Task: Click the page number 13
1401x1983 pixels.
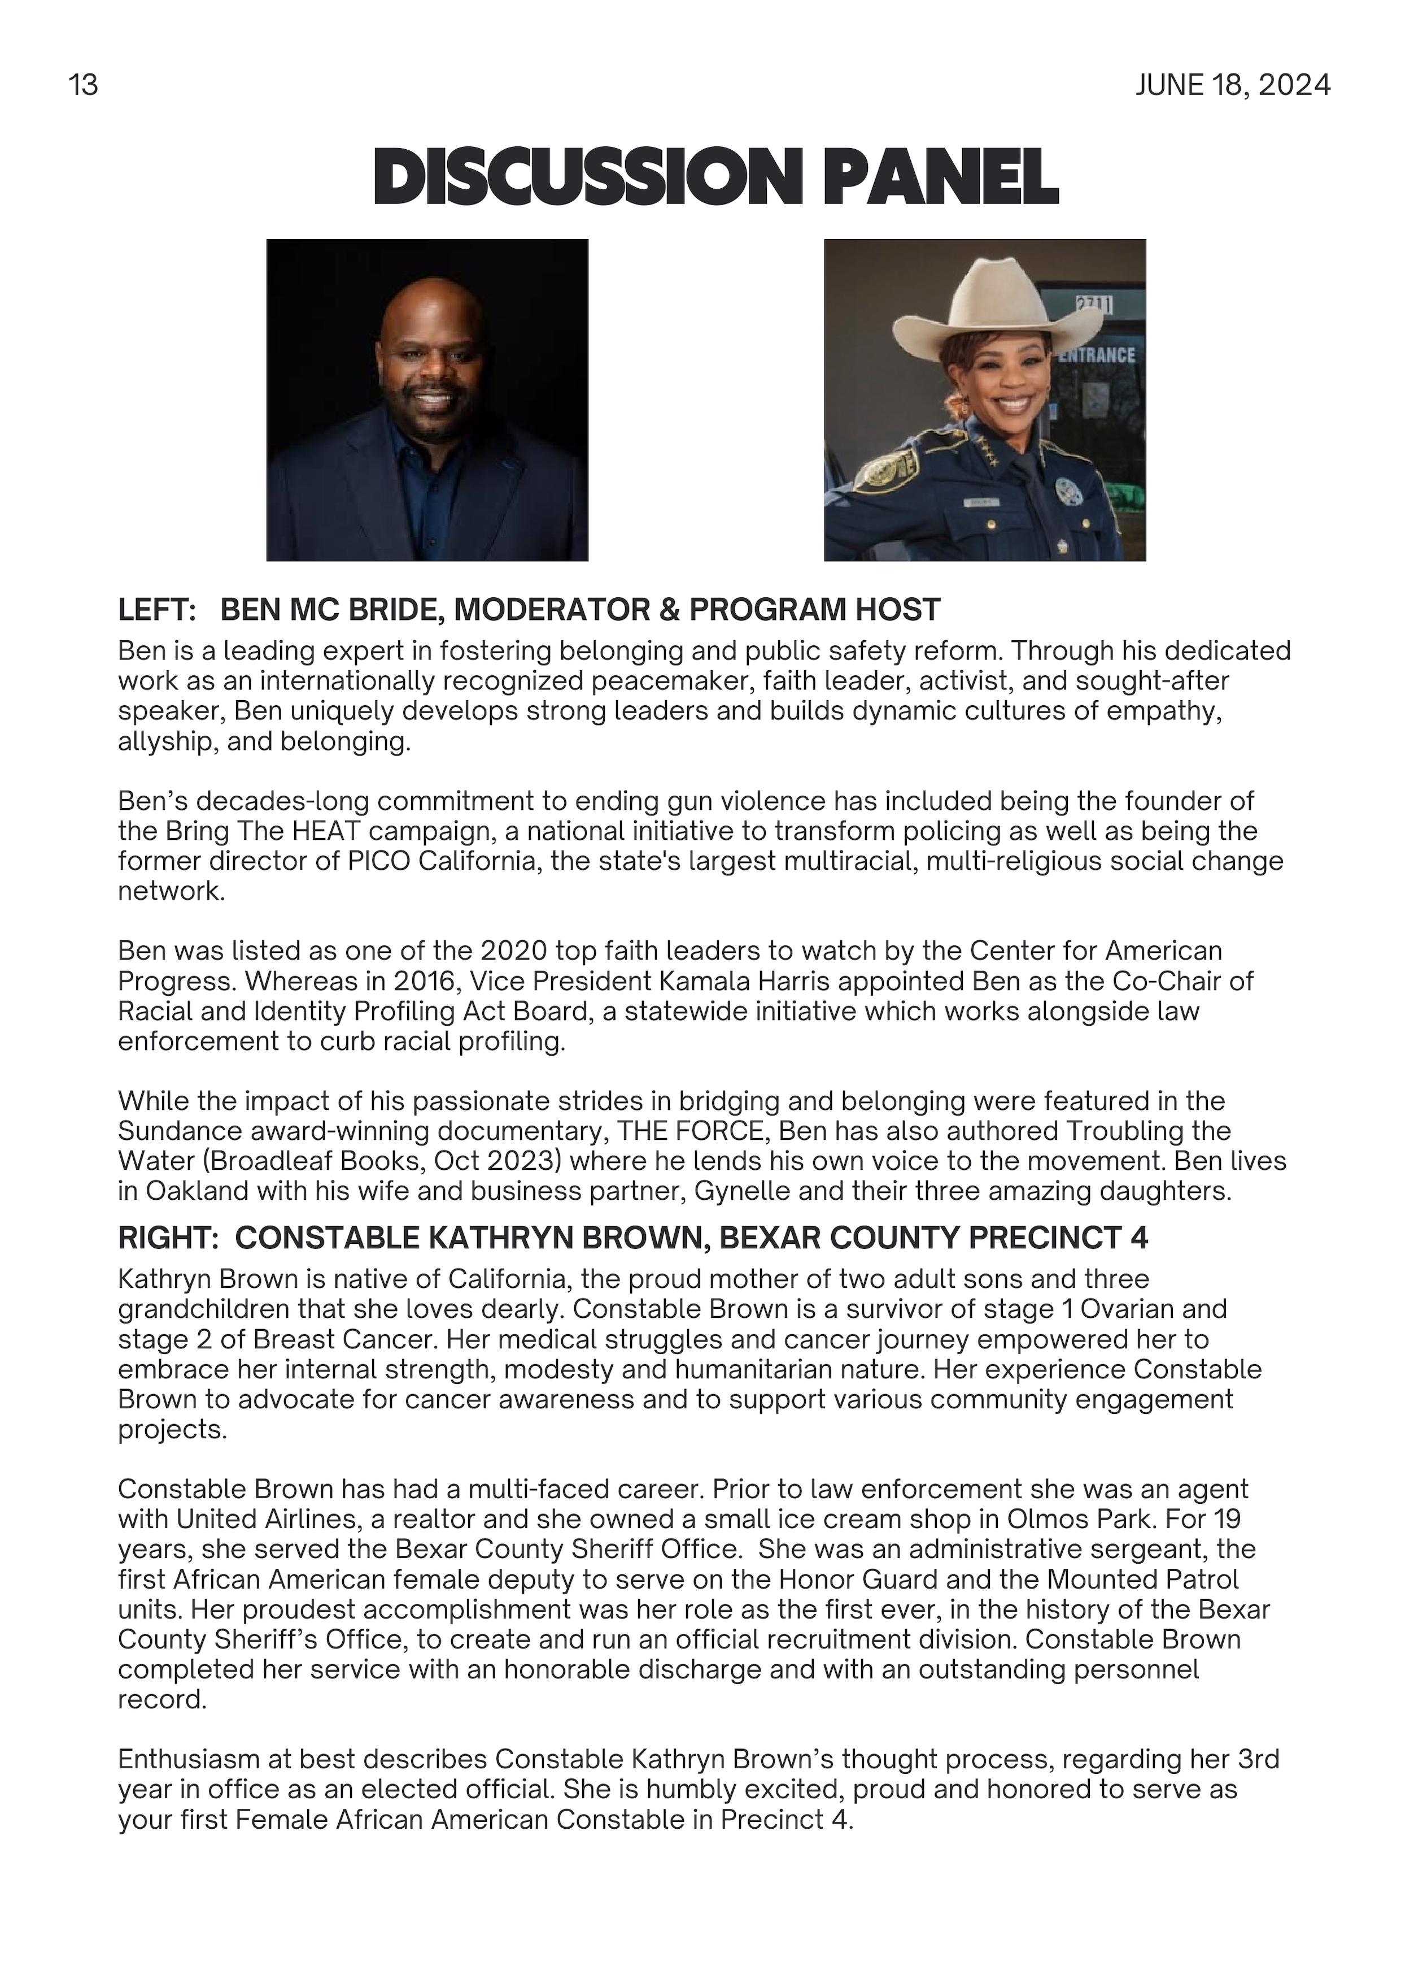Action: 83,85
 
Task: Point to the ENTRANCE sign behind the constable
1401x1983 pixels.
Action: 1096,355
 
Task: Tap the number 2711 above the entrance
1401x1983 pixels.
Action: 1094,304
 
